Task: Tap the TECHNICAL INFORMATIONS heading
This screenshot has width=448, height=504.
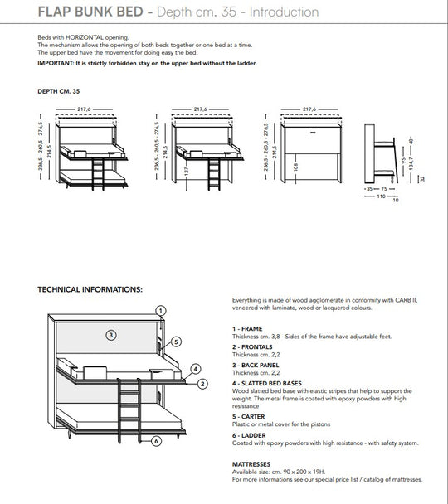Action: [x=90, y=290]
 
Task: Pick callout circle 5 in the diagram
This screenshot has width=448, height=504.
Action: [x=177, y=342]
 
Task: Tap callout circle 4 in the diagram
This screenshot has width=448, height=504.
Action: [x=194, y=369]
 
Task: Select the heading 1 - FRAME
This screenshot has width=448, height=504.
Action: [x=249, y=330]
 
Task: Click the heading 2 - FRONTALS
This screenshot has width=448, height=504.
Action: [x=254, y=348]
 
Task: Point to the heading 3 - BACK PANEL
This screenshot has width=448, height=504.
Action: [x=257, y=366]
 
